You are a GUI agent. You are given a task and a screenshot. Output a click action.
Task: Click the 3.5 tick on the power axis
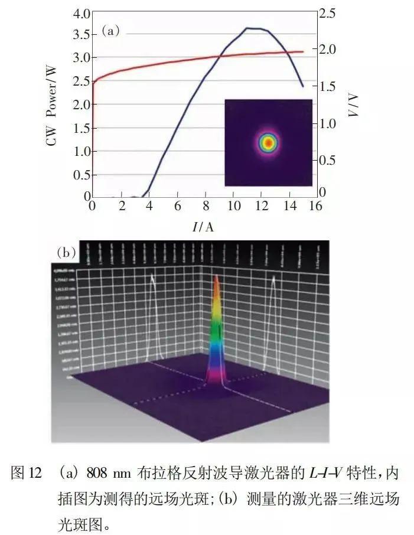[81, 35]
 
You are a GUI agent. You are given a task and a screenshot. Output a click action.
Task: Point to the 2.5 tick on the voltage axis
[328, 13]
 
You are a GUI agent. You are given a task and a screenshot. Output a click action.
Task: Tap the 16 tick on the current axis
[316, 206]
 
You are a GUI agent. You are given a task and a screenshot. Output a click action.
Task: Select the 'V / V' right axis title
[354, 106]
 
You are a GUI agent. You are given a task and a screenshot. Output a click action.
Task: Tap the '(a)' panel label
[110, 31]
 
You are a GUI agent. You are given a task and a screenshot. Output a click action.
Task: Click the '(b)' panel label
[67, 252]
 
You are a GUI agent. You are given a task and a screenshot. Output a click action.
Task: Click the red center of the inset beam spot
[268, 142]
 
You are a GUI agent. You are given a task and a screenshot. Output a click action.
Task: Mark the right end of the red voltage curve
[303, 51]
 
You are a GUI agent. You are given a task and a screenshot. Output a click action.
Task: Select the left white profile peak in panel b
[153, 278]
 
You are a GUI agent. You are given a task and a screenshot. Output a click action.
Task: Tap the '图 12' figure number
[27, 473]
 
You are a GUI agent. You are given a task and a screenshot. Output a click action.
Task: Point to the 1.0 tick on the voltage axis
[328, 124]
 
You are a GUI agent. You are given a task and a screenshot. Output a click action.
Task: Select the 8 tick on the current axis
[205, 206]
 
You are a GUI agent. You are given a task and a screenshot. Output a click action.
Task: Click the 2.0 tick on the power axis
[81, 105]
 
